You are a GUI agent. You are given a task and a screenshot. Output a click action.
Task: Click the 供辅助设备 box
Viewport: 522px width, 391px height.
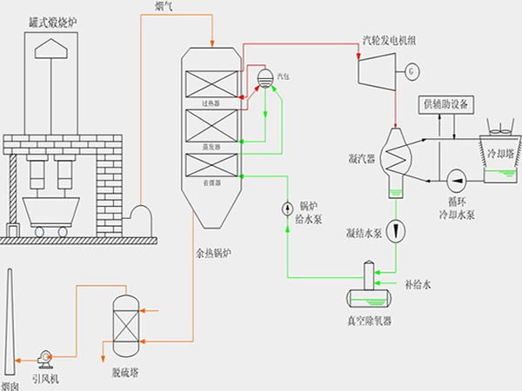(x=447, y=104)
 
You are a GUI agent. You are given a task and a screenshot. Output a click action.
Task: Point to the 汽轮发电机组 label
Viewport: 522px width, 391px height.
(x=389, y=39)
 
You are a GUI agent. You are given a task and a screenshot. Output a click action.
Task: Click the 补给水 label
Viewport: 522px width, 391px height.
(x=418, y=283)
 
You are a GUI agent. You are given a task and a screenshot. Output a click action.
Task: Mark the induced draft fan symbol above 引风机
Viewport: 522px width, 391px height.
(x=44, y=355)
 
